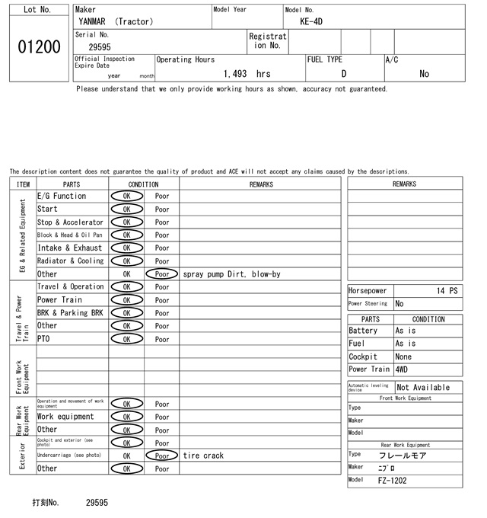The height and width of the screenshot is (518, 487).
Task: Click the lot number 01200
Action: click(38, 47)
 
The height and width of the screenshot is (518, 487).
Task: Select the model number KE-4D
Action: click(311, 21)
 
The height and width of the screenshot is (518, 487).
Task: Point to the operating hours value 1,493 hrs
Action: click(247, 74)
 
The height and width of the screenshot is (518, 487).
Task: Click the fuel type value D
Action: click(343, 74)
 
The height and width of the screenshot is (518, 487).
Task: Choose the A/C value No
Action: click(424, 74)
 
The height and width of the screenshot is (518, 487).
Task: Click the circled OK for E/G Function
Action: click(126, 196)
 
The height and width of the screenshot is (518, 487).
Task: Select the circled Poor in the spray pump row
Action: click(161, 274)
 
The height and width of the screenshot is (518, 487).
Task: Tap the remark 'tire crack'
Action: click(203, 456)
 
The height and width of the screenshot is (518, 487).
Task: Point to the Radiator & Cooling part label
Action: click(70, 261)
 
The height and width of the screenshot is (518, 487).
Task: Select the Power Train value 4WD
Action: click(402, 369)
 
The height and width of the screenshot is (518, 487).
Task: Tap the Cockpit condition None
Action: click(403, 357)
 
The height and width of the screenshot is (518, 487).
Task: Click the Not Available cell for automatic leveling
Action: click(424, 387)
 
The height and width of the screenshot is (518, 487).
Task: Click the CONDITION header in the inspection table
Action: click(143, 184)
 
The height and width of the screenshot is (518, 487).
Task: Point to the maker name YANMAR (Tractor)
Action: click(115, 21)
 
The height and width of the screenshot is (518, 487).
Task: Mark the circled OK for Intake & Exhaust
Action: click(126, 248)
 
